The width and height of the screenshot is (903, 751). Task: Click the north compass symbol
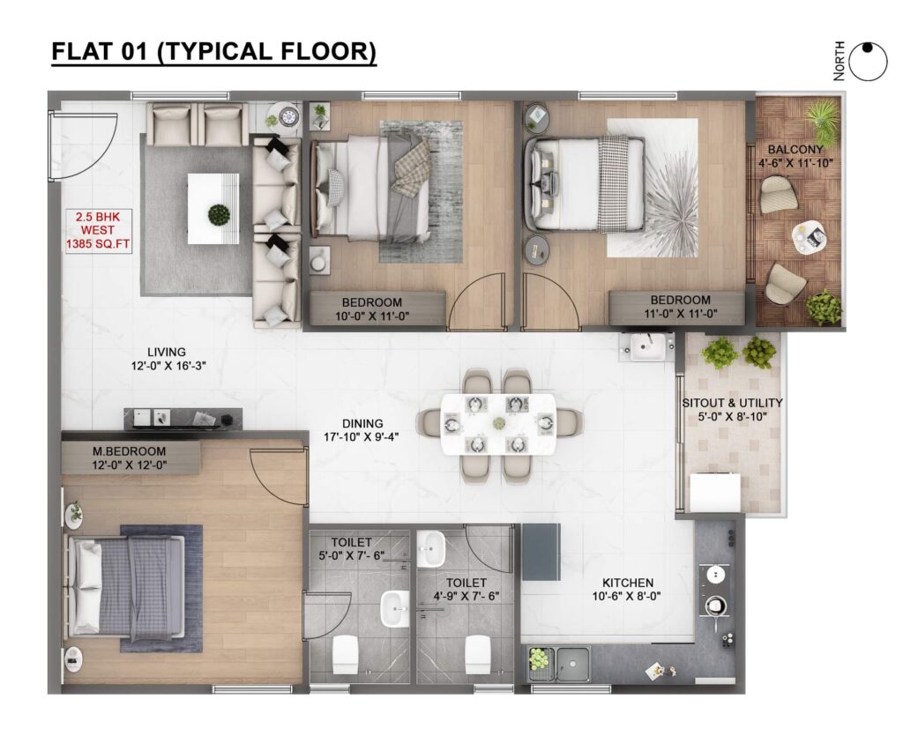click(x=868, y=62)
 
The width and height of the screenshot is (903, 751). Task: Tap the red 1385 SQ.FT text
click(x=98, y=244)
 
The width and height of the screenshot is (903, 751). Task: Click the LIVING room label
click(x=167, y=352)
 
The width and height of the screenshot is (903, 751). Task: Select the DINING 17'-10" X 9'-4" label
click(x=362, y=430)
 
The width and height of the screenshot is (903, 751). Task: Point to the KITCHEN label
click(x=628, y=583)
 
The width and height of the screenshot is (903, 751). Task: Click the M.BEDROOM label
click(x=129, y=451)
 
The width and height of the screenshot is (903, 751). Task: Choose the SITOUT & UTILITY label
click(x=732, y=403)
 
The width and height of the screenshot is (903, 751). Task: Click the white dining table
click(x=499, y=424)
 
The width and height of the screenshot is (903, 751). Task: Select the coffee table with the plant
click(x=213, y=209)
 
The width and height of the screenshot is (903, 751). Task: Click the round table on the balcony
click(x=809, y=237)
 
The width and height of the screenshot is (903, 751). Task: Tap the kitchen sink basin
click(x=573, y=664)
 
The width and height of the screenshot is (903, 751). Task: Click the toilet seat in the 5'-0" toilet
click(x=346, y=654)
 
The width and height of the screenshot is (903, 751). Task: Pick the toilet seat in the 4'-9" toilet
click(x=478, y=654)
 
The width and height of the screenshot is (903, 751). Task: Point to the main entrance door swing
click(x=84, y=146)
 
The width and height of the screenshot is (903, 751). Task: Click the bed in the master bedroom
click(x=127, y=588)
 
